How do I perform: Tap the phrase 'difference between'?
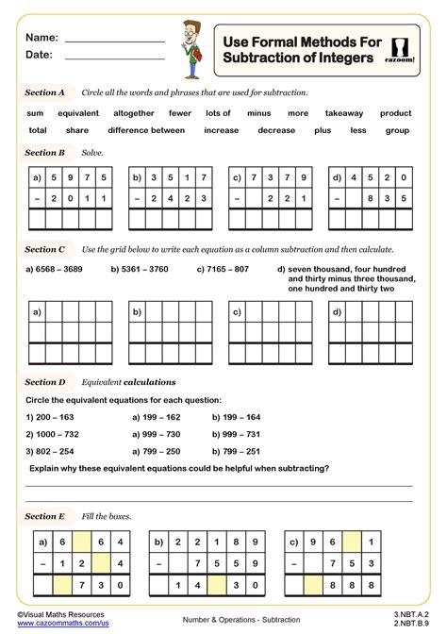(146, 130)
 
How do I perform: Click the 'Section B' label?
(44, 152)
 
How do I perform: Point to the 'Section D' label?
(44, 382)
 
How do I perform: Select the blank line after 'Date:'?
(114, 57)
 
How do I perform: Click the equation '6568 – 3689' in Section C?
(53, 269)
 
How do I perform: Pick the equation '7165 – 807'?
(223, 269)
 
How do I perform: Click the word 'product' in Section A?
(396, 113)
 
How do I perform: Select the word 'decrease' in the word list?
(276, 130)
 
